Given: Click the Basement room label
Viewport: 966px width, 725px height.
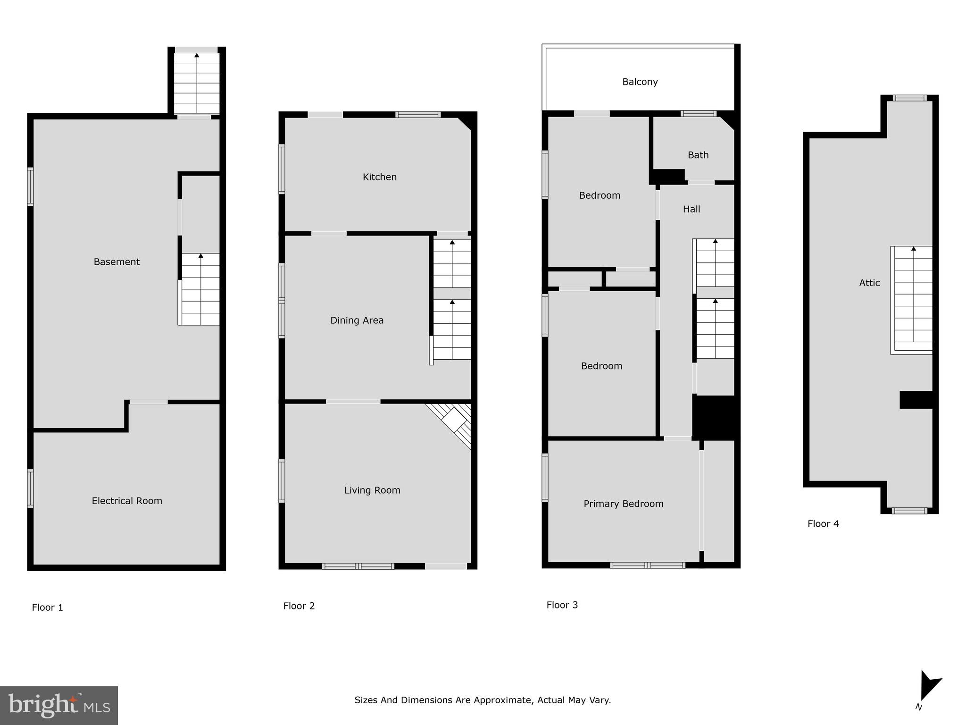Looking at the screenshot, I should point(117,262).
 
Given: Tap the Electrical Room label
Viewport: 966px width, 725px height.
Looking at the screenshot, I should point(127,501).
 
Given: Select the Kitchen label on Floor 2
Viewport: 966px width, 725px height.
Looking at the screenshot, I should point(379,177).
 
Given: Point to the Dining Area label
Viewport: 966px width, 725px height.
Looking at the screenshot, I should point(357,320).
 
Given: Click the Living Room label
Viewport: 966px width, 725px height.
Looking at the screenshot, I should point(372,490).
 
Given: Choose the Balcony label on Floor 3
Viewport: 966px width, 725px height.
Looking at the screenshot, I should point(640,82).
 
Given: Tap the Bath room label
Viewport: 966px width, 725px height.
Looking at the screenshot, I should point(698,155).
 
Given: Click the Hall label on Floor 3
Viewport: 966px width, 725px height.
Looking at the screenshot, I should point(691,209).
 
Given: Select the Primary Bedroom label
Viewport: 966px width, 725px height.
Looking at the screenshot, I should point(623,504).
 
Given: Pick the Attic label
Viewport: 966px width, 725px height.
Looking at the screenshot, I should point(869,283).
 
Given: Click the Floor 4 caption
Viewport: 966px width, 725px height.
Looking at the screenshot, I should point(823,523).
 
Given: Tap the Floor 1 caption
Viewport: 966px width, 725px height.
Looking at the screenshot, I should point(47,607).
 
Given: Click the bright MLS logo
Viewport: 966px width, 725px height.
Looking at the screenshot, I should point(58,705).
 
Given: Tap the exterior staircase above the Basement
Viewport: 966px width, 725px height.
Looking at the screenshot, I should point(197,83).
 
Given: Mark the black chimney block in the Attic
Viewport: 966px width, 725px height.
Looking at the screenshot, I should point(916,399).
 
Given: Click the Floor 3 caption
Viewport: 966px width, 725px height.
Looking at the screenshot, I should point(562,605).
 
